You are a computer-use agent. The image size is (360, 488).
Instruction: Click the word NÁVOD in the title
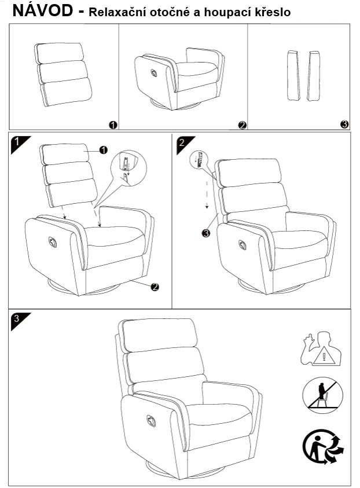(x=43, y=10)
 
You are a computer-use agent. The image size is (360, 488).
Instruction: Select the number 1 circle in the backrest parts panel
(x=113, y=125)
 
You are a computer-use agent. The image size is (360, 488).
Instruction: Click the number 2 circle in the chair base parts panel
(x=243, y=125)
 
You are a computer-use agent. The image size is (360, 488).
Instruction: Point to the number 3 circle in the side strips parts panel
(x=344, y=124)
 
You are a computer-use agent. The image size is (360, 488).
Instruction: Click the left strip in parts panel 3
(x=293, y=75)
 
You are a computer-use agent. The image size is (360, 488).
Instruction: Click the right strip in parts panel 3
(x=313, y=76)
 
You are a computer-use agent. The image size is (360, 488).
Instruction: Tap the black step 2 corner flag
(x=183, y=143)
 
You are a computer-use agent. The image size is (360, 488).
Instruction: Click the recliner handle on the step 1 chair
(x=53, y=242)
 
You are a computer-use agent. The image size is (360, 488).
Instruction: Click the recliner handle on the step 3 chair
(x=151, y=421)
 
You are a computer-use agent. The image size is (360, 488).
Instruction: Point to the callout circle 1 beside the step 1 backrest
(x=103, y=150)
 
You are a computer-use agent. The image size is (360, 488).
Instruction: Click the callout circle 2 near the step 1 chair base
(x=155, y=287)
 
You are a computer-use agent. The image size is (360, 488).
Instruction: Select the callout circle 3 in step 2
(x=205, y=233)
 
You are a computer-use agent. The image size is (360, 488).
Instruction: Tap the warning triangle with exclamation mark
(x=324, y=357)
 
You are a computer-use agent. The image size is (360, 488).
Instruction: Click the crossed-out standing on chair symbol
(x=322, y=395)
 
